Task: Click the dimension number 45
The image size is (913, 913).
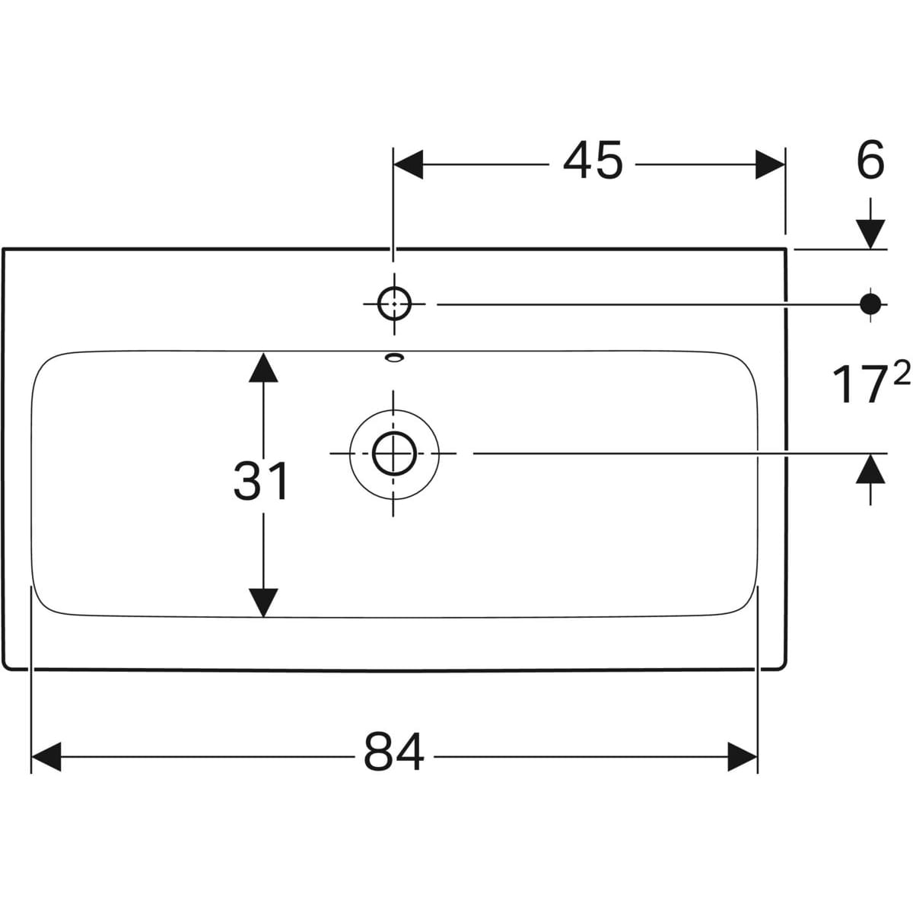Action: (593, 161)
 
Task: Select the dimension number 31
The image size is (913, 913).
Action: (261, 481)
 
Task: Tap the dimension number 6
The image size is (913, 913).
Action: (870, 161)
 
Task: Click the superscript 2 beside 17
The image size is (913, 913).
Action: (901, 373)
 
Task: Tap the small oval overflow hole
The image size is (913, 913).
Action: (394, 356)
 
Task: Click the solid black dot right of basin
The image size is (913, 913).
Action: (870, 304)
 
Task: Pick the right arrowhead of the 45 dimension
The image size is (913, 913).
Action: (769, 164)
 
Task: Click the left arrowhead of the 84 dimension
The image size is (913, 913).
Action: (46, 756)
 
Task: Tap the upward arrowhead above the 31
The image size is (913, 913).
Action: (263, 367)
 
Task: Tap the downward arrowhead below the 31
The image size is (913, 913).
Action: (263, 602)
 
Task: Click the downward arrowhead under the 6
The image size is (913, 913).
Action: (870, 233)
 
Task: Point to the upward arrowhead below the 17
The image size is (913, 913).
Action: (870, 469)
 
